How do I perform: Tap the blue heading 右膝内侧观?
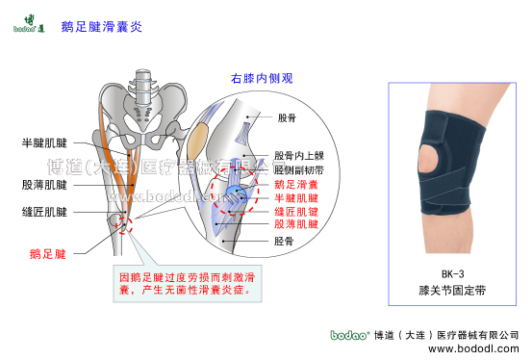[x=261, y=78]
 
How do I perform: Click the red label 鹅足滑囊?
[x=297, y=183]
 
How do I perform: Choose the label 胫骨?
[x=285, y=244]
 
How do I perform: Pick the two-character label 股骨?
[x=287, y=118]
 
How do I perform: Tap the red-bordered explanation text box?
[x=197, y=282]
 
